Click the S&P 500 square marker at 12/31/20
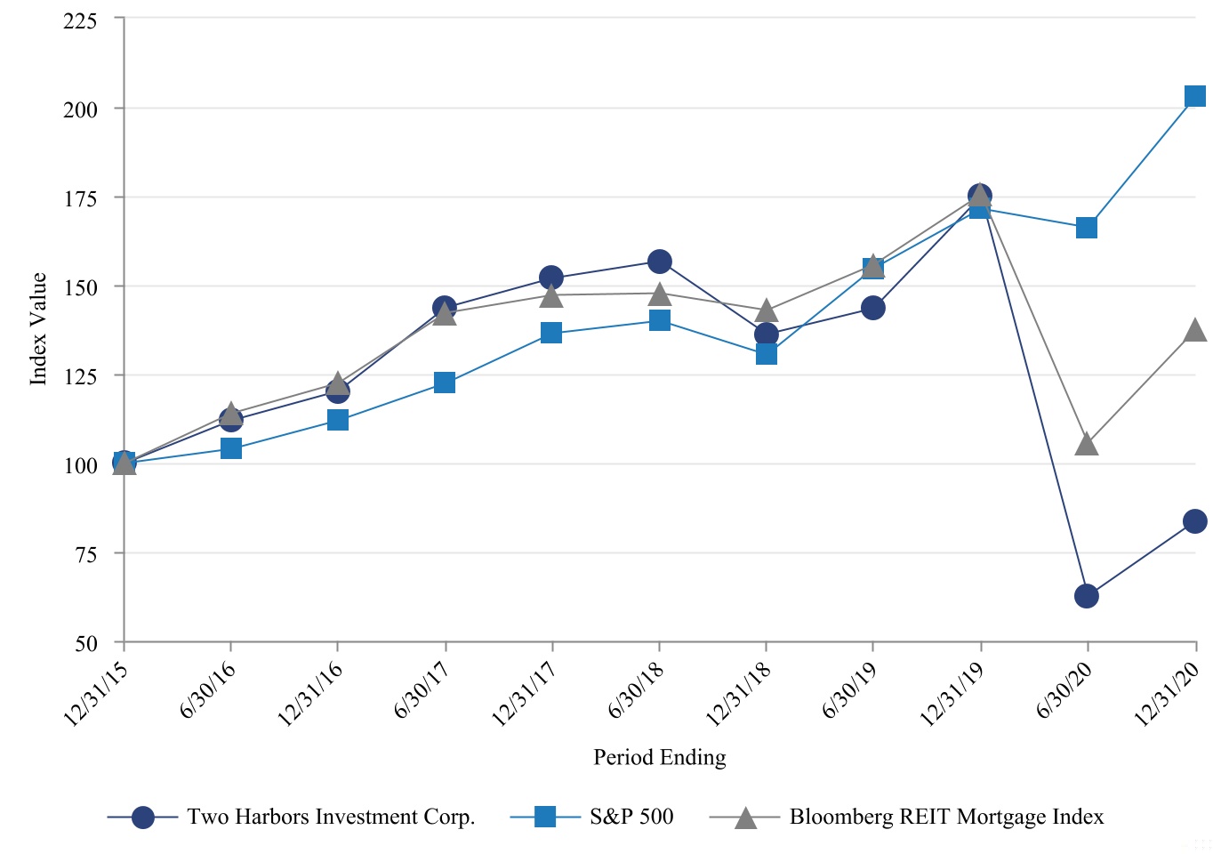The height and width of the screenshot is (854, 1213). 1195,96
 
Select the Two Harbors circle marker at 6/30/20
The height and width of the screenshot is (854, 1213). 1087,596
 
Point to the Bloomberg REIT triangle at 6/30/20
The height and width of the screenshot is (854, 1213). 1087,445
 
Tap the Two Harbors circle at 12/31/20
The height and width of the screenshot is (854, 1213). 1195,521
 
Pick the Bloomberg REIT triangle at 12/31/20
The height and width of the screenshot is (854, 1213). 1195,330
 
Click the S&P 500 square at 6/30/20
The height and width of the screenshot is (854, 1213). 1087,228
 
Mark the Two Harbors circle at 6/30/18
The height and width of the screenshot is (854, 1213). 659,262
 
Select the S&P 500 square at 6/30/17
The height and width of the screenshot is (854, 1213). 445,383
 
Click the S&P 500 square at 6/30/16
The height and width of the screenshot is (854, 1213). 231,448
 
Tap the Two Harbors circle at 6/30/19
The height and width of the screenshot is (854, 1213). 873,308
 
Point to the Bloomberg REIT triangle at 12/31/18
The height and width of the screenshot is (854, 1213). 766,310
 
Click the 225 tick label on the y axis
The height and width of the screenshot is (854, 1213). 80,21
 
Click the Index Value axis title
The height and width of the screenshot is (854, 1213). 38,329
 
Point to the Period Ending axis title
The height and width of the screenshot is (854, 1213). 660,757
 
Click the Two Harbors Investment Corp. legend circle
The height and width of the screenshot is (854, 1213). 143,818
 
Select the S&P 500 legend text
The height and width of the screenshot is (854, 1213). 631,817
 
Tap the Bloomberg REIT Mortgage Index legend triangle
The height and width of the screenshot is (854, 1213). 745,818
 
